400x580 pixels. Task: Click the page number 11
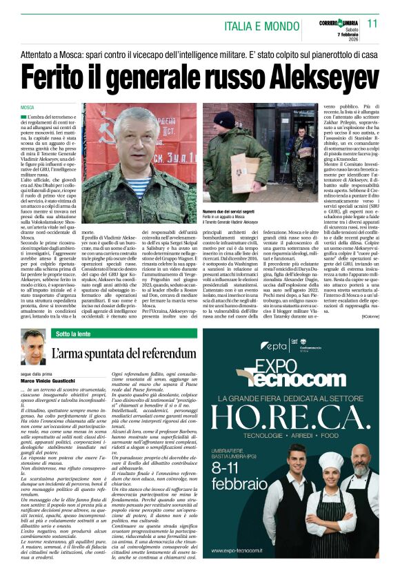tap(372, 23)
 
